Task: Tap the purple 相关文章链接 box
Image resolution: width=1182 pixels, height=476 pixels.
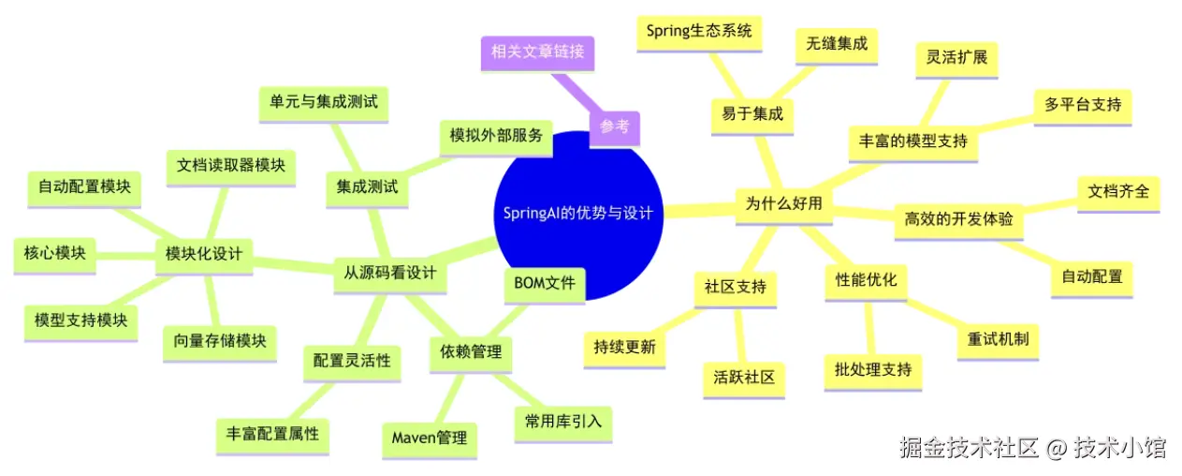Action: pyautogui.click(x=537, y=52)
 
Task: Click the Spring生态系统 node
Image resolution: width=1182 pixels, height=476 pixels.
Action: pyautogui.click(x=699, y=31)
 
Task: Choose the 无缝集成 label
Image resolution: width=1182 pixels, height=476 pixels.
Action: pyautogui.click(x=830, y=43)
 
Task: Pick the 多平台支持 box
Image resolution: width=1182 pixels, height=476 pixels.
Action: pyautogui.click(x=1082, y=104)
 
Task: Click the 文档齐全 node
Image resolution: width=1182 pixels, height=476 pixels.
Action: pyautogui.click(x=1117, y=192)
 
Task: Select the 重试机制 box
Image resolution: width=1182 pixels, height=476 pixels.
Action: pyautogui.click(x=998, y=338)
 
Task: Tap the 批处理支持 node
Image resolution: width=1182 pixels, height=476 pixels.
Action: pyautogui.click(x=872, y=369)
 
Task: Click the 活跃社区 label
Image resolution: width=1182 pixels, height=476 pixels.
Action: pyautogui.click(x=744, y=378)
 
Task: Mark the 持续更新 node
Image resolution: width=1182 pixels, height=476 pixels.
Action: pyautogui.click(x=624, y=347)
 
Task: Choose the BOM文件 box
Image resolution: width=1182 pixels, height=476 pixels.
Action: pyautogui.click(x=544, y=283)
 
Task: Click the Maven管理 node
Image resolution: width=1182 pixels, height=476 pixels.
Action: pyautogui.click(x=429, y=438)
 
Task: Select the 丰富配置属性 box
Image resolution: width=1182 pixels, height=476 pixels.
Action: pyautogui.click(x=272, y=434)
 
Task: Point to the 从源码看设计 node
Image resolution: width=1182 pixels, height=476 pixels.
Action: pyautogui.click(x=390, y=274)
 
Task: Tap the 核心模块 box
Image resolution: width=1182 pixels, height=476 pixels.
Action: pyautogui.click(x=55, y=253)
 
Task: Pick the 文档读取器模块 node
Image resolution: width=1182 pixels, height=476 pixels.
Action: pyautogui.click(x=230, y=166)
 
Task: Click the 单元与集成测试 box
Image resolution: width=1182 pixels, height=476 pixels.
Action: pyautogui.click(x=323, y=102)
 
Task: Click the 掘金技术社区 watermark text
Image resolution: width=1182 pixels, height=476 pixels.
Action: pyautogui.click(x=969, y=448)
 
